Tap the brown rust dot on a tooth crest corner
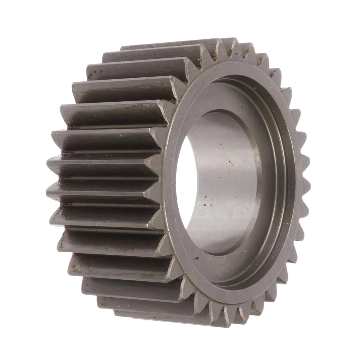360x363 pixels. click(172, 79)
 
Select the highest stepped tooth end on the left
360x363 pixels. click(127, 48)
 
